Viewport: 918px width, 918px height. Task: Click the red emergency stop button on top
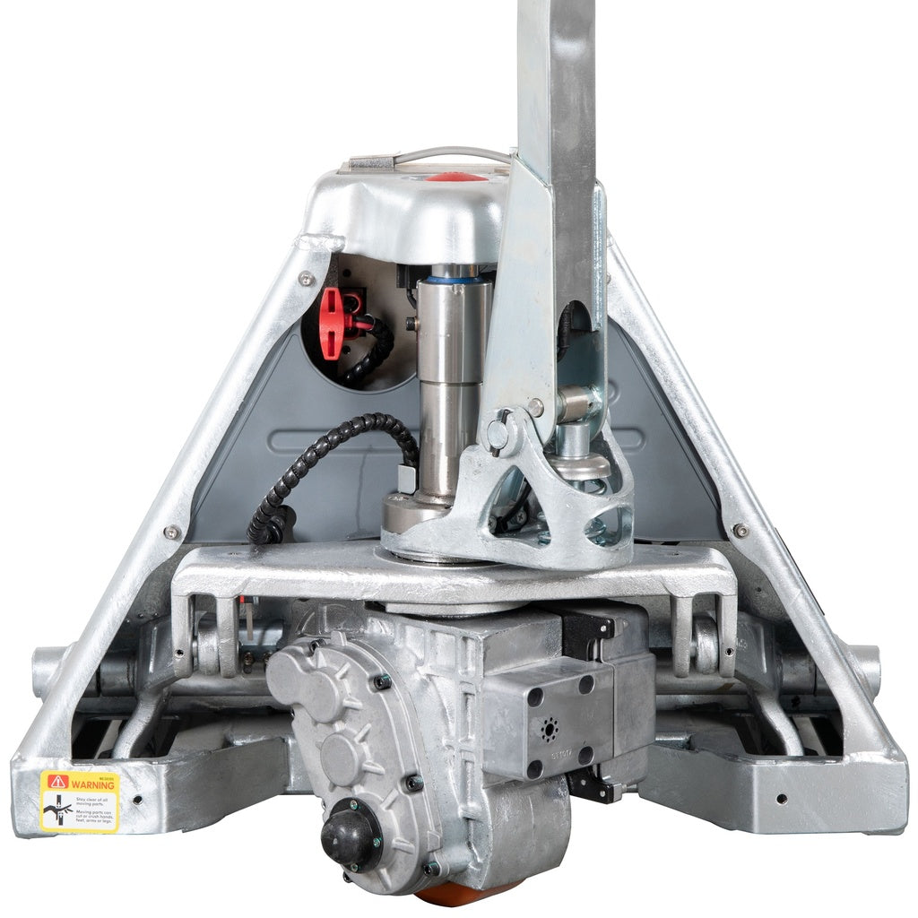456,177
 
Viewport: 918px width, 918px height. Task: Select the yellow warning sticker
79,801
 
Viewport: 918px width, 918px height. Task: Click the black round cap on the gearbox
351,835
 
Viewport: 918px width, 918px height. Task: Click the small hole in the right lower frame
782,797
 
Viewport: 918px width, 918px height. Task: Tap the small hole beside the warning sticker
136,799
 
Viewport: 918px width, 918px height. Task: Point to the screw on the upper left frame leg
307,279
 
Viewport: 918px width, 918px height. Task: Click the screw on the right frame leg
740,531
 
